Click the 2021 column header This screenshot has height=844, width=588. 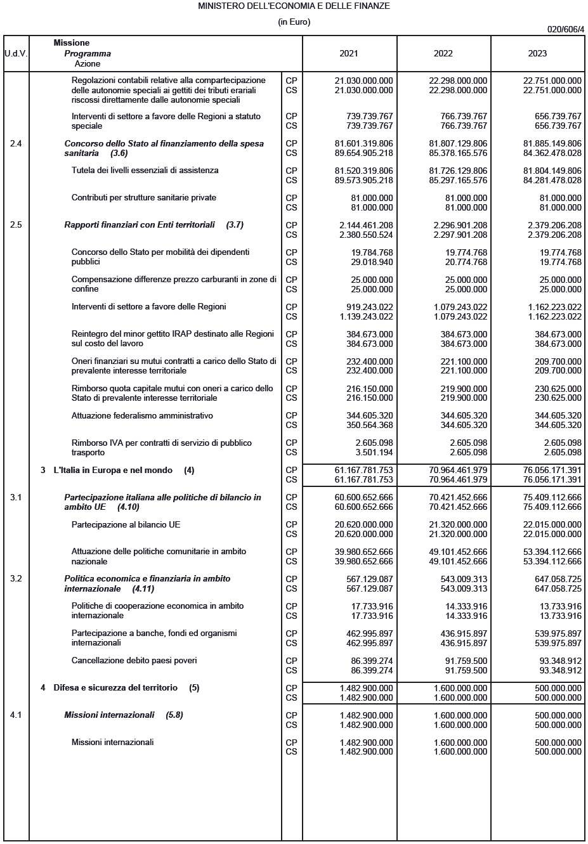(348, 53)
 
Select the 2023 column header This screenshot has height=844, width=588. (537, 53)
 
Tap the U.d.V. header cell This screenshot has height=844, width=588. (16, 53)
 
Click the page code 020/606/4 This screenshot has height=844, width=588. (566, 29)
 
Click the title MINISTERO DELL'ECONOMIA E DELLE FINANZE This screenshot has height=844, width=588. (294, 6)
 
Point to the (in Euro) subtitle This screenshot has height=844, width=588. (294, 22)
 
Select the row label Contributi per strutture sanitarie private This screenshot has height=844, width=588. (144, 198)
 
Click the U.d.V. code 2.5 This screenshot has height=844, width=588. (16, 225)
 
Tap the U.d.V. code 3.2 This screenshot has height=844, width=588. (16, 579)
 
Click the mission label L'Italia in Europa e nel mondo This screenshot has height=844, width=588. (113, 471)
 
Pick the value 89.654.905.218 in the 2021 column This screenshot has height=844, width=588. (363, 153)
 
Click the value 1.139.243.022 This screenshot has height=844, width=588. (366, 316)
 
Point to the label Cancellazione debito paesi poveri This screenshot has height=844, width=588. (134, 661)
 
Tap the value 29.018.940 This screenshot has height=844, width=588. (372, 262)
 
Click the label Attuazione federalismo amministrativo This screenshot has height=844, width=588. (142, 416)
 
